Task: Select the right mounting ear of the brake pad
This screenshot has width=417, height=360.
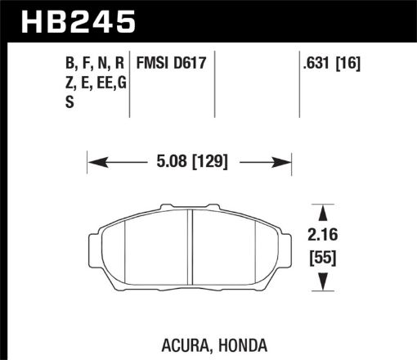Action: (x=288, y=241)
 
